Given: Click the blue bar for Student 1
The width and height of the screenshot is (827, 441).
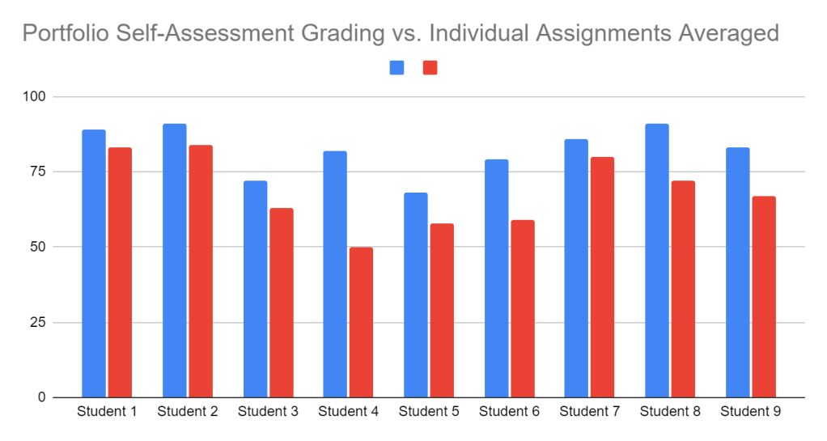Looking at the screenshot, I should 94,263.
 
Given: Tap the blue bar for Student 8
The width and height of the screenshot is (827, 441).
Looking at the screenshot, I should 656,261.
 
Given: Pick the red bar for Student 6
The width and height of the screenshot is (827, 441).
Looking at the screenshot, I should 522,308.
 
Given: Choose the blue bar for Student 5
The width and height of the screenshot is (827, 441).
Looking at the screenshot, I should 415,295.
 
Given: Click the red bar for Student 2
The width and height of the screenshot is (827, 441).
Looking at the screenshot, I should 200,271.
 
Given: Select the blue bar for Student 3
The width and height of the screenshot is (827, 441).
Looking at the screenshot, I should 255,289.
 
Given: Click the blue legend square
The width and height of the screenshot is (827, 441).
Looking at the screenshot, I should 397,68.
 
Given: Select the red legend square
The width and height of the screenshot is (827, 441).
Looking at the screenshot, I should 430,68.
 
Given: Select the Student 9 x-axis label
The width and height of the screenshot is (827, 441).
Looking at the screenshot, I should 750,412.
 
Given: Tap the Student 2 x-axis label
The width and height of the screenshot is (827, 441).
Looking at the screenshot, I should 188,412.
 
